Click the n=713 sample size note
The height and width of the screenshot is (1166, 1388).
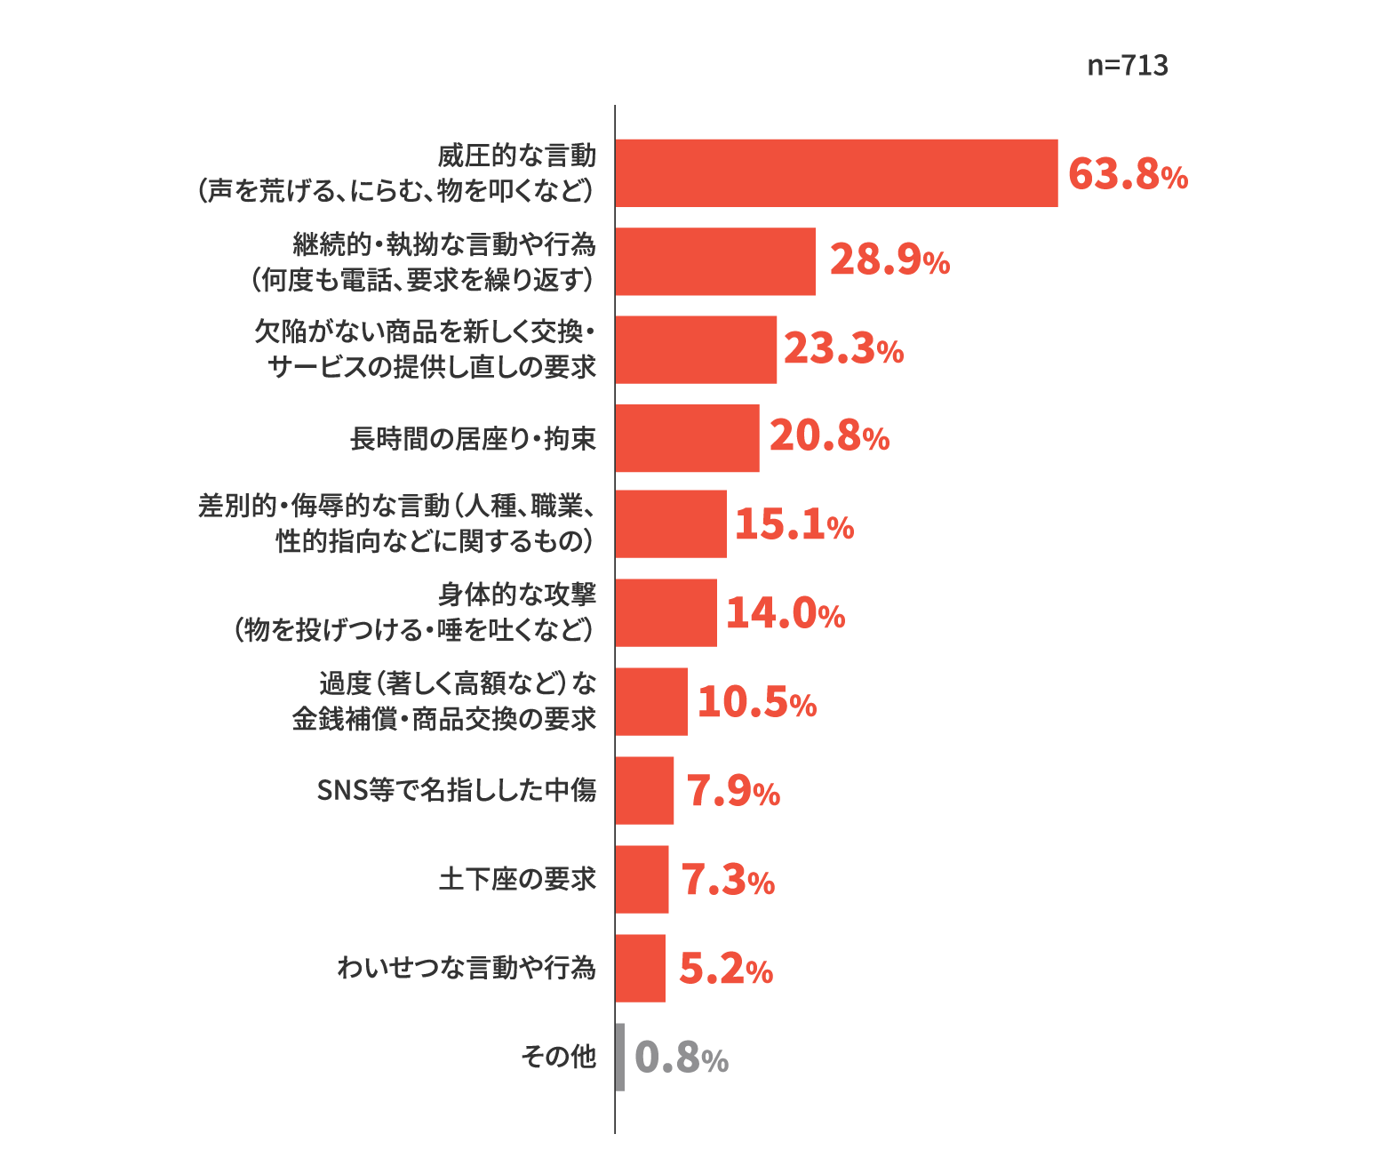tap(1127, 66)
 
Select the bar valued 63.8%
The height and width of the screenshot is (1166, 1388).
tap(836, 173)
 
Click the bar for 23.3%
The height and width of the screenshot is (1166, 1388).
tap(696, 350)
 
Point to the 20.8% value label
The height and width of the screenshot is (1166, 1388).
tap(828, 436)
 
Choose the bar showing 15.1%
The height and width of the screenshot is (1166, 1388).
tap(671, 524)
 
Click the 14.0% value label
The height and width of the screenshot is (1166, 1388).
tap(785, 613)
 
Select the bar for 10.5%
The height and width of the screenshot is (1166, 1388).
tap(651, 702)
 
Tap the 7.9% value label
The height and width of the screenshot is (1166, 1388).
tap(733, 792)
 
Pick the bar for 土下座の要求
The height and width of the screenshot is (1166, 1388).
tap(642, 880)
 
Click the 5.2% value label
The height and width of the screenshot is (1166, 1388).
tap(725, 970)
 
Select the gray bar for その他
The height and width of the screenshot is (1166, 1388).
tap(620, 1058)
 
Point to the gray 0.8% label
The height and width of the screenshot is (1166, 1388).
tap(681, 1058)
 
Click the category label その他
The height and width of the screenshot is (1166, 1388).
tap(558, 1057)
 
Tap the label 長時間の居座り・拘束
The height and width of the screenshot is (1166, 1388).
tap(473, 438)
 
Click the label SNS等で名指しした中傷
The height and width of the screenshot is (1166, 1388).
tap(456, 790)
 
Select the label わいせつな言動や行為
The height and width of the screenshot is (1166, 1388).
tap(467, 968)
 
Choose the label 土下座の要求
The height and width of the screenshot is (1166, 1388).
tap(517, 880)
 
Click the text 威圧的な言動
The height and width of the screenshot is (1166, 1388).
tap(516, 156)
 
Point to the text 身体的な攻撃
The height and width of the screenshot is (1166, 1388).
tap(516, 595)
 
